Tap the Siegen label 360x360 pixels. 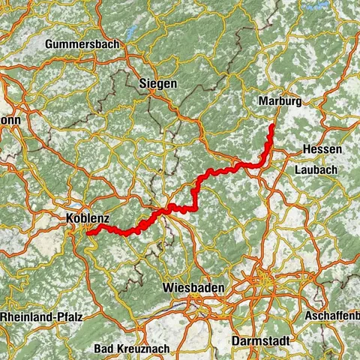[x=158, y=84]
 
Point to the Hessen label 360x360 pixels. [x=322, y=150]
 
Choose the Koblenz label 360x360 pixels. [x=88, y=218]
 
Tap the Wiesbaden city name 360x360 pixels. [x=191, y=287]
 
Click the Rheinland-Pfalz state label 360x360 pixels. [x=37, y=317]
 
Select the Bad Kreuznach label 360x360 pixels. [x=129, y=349]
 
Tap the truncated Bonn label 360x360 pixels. [x=10, y=120]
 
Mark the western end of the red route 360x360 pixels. [x=88, y=233]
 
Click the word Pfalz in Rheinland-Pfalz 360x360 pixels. [x=61, y=317]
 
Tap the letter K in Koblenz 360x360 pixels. [x=70, y=218]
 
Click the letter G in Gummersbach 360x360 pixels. [x=49, y=45]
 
